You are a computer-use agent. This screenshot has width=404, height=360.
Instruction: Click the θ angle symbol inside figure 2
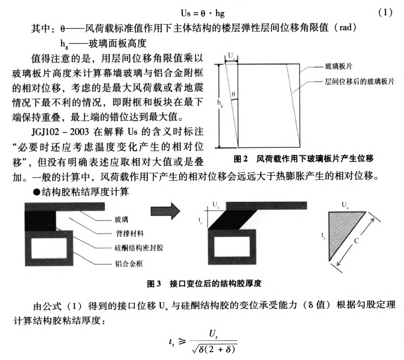(235, 95)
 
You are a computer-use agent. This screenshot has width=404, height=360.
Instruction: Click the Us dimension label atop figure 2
(232, 56)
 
